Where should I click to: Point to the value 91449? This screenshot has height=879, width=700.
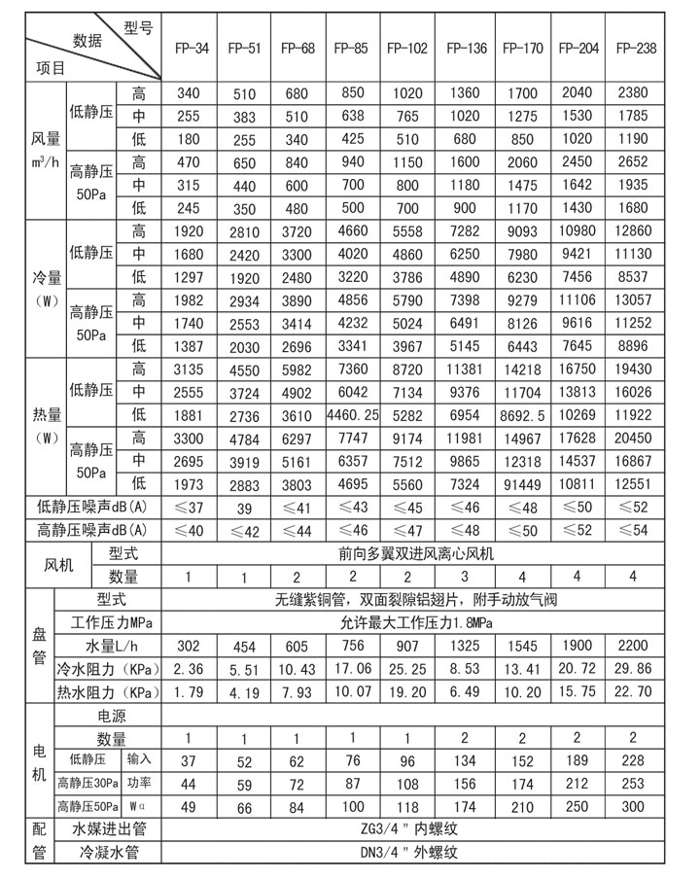point(521,482)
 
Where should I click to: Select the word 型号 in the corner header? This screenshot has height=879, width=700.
point(138,27)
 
